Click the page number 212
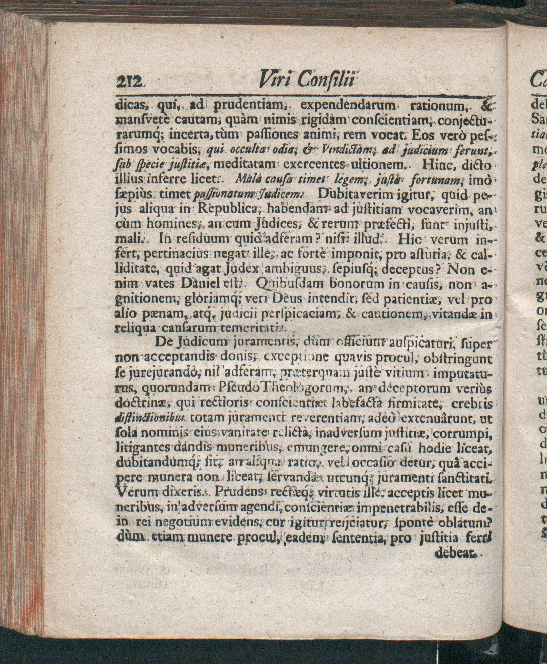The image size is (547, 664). click(x=129, y=83)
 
